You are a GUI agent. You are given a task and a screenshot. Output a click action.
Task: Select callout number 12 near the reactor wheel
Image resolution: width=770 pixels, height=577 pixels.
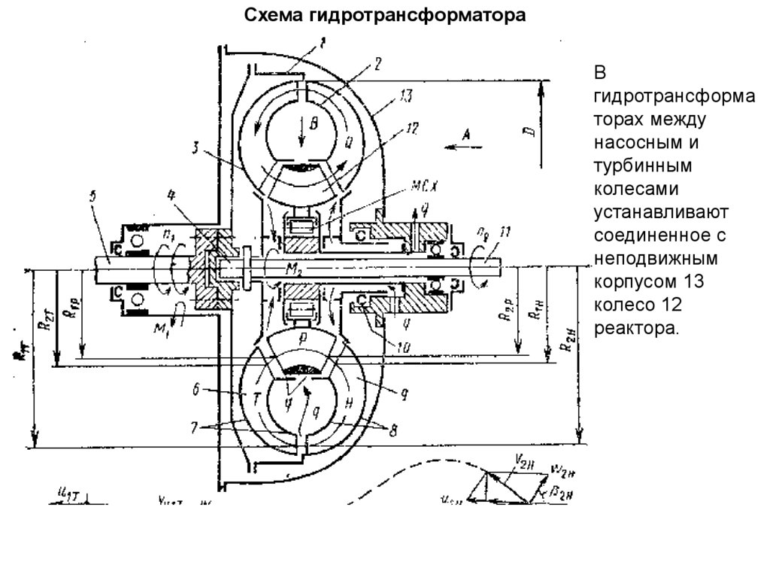click(411, 129)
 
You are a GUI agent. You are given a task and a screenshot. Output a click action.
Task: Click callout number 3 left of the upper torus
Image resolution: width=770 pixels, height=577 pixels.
click(194, 149)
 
